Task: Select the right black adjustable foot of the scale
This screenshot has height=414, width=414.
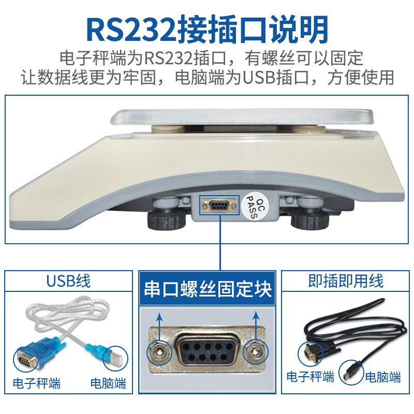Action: point(309,220)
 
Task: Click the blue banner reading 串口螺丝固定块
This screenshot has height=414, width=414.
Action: point(208,289)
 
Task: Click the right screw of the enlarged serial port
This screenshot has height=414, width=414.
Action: point(254,352)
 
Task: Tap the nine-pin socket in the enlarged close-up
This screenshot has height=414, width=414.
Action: point(207,352)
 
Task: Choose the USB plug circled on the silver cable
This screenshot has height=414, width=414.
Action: point(114,357)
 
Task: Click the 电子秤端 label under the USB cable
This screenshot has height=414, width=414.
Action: point(37,384)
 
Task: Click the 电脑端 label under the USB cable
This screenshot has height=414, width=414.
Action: point(108,384)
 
